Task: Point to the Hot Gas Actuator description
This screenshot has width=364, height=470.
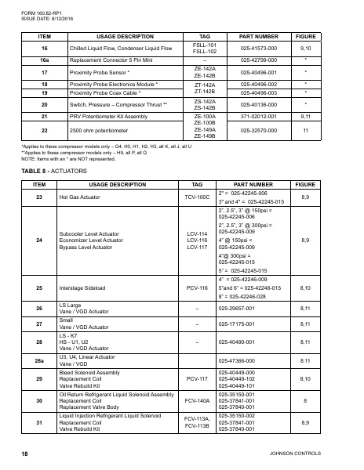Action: (87, 197)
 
